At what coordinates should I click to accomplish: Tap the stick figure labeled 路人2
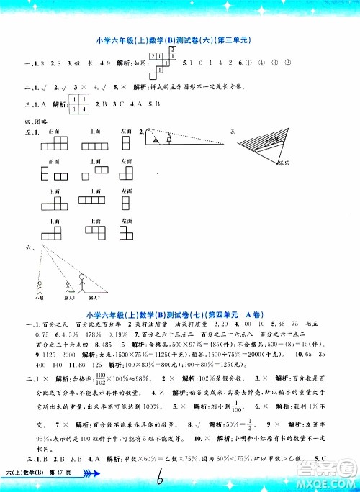82,280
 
